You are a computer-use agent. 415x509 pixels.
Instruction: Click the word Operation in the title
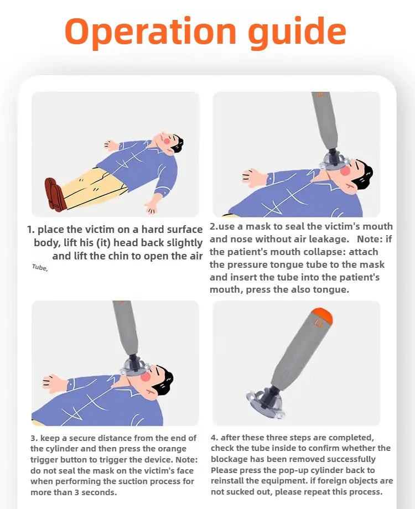(x=151, y=32)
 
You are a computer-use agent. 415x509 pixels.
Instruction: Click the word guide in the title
(x=297, y=32)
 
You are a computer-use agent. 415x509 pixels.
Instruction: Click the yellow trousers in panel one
(x=94, y=188)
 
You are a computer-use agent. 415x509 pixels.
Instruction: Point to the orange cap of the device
(x=321, y=315)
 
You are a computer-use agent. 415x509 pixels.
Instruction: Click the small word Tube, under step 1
(x=40, y=267)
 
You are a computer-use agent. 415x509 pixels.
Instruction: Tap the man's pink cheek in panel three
(x=145, y=376)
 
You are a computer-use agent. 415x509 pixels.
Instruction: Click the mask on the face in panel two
(x=334, y=162)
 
